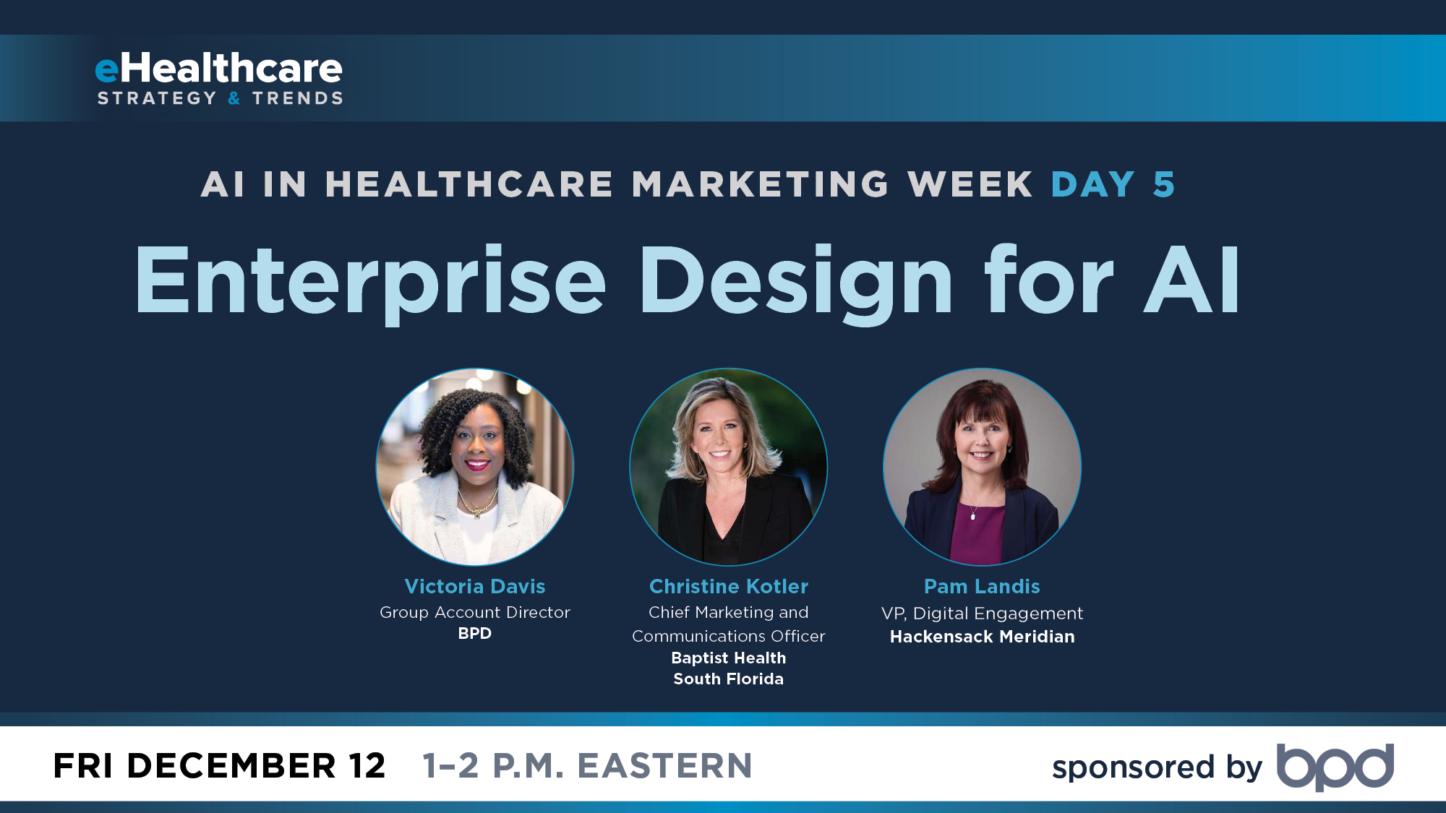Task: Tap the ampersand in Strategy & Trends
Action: pos(234,98)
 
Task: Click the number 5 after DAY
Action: pos(1163,184)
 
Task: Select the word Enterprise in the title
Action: pos(370,282)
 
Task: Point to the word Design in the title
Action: pos(795,282)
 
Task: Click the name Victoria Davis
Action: pos(475,586)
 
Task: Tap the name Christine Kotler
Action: pos(729,586)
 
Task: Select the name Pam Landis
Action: pos(982,586)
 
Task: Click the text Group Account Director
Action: pos(475,612)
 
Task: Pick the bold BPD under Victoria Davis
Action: pos(475,633)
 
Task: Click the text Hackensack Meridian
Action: pos(982,637)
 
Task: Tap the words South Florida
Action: pos(729,679)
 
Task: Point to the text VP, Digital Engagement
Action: pos(982,614)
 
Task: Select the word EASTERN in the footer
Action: pos(665,766)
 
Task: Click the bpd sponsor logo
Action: pos(1335,766)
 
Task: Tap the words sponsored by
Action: pos(1157,767)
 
